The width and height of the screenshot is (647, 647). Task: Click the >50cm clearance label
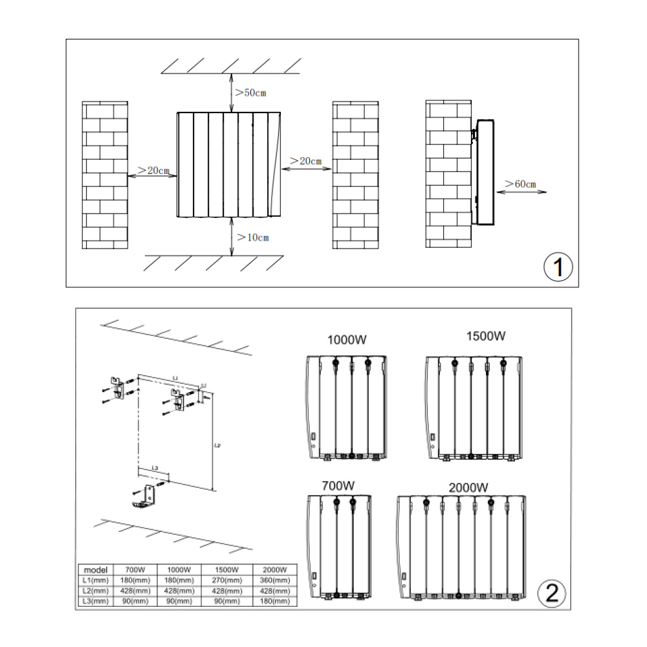(x=250, y=93)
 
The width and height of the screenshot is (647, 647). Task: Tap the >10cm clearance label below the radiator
(x=252, y=237)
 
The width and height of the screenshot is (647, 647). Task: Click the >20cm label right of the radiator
(x=306, y=160)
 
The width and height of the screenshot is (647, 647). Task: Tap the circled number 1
(x=558, y=267)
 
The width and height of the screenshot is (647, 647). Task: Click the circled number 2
(x=552, y=593)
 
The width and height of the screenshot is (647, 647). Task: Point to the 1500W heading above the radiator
(x=485, y=336)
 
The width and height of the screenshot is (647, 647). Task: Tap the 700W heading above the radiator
(x=338, y=485)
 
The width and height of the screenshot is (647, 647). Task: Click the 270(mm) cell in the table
(x=225, y=580)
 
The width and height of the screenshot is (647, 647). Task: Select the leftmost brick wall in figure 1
(x=105, y=175)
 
